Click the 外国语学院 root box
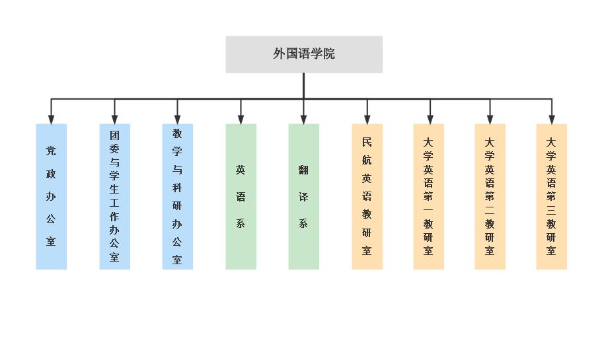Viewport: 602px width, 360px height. pos(304,54)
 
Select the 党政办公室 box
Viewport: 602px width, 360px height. pos(52,196)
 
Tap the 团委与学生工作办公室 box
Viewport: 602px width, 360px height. pos(114,196)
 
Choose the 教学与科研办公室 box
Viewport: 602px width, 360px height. pos(177,196)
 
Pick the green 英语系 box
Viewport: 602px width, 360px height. pos(241,196)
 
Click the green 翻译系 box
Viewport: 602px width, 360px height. pos(303,196)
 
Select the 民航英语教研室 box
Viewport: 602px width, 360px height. pos(367,196)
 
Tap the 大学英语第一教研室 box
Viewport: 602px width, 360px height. pos(429,196)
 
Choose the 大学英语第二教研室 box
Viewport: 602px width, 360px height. pos(490,196)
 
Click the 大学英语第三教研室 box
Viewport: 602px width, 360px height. pos(551,196)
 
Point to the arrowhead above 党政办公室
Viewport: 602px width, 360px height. pos(52,119)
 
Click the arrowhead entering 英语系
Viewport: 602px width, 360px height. pos(241,119)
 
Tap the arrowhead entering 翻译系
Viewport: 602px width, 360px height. pos(303,119)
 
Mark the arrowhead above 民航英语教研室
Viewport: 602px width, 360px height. pos(367,119)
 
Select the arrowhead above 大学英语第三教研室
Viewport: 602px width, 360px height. pos(551,119)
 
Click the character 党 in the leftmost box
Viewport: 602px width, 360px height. pos(52,151)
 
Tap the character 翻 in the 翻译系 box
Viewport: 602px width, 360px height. pos(303,170)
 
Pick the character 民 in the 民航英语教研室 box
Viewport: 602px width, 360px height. pos(367,141)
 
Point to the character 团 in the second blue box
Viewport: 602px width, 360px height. pos(114,134)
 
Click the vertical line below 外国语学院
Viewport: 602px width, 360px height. pos(303,86)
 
